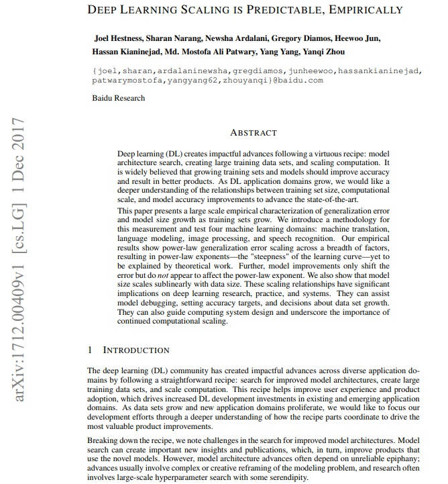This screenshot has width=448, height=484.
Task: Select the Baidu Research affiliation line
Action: click(118, 98)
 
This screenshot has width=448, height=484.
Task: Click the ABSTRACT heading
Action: click(253, 133)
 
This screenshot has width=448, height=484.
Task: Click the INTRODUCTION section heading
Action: click(136, 350)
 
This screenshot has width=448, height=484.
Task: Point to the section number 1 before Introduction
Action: click(90, 350)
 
